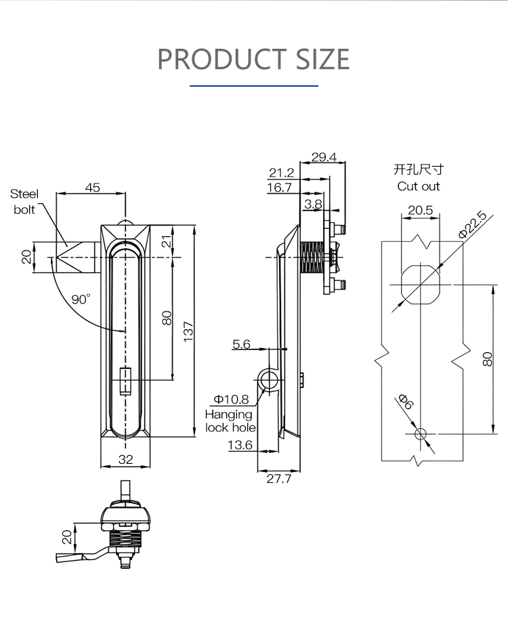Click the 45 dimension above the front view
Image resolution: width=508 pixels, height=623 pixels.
click(x=92, y=188)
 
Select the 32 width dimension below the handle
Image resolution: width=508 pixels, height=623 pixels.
click(x=125, y=458)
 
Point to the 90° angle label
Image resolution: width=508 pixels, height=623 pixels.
click(x=81, y=299)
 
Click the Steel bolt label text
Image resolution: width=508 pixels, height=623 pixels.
click(x=24, y=202)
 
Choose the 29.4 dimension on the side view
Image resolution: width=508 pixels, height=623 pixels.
click(x=324, y=157)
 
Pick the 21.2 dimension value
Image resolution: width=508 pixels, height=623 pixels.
click(x=281, y=173)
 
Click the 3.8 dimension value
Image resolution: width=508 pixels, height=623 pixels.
click(x=313, y=203)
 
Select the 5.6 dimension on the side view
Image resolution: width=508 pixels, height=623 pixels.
click(x=241, y=345)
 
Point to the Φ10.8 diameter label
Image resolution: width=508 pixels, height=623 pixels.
click(x=231, y=400)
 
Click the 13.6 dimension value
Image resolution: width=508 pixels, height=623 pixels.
click(x=240, y=445)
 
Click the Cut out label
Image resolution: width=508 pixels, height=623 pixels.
click(x=419, y=186)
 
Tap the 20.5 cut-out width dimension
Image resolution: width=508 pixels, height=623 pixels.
click(x=420, y=210)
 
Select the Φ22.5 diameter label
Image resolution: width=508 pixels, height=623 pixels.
click(x=472, y=225)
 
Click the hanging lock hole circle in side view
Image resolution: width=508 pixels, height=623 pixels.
click(x=269, y=380)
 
